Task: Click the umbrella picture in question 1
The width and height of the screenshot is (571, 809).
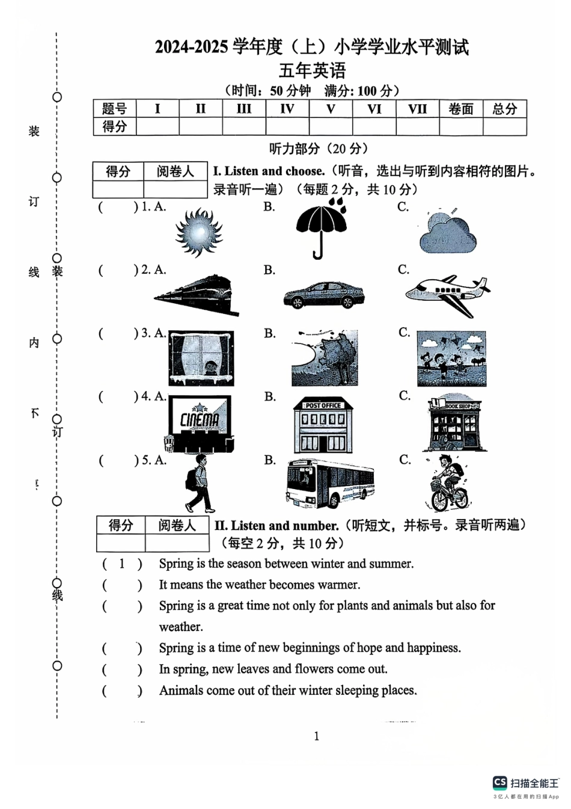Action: click(x=322, y=228)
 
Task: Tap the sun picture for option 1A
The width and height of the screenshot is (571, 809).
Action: click(x=198, y=233)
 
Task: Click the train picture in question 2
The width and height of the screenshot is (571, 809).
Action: click(x=197, y=295)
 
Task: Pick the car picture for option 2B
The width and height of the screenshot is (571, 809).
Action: click(x=323, y=295)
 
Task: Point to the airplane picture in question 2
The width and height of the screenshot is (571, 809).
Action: click(x=448, y=295)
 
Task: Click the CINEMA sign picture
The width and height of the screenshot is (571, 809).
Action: click(x=200, y=423)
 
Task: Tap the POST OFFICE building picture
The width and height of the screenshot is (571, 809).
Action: click(x=323, y=426)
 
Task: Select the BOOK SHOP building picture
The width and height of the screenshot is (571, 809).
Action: click(x=454, y=423)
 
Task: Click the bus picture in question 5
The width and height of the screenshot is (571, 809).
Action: click(x=329, y=484)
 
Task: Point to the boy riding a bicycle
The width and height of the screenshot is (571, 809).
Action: click(x=450, y=484)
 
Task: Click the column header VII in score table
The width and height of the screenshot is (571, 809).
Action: click(x=417, y=109)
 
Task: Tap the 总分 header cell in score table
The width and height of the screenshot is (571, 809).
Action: click(x=504, y=109)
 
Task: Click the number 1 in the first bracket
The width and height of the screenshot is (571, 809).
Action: click(x=122, y=564)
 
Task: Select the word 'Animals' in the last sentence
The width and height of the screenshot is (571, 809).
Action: click(x=181, y=691)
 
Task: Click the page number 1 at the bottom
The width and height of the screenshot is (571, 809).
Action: click(x=317, y=736)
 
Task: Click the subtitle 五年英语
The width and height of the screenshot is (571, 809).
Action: click(x=312, y=70)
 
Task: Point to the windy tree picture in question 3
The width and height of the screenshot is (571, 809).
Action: click(x=325, y=358)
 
